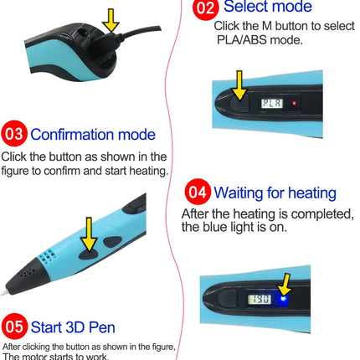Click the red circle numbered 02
tap(206, 8)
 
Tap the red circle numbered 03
tap(14, 133)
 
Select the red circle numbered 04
tap(198, 192)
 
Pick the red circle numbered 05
tap(14, 327)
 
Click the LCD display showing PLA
tap(272, 104)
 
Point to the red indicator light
tap(294, 103)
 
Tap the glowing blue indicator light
tap(284, 299)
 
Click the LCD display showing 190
tap(260, 300)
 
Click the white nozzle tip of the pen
tap(4, 293)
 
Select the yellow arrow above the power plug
tap(111, 20)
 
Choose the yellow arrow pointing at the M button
tap(239, 85)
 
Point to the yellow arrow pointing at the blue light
tap(285, 285)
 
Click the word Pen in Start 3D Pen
tap(101, 327)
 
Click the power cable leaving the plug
tap(140, 33)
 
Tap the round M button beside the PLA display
tap(239, 103)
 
